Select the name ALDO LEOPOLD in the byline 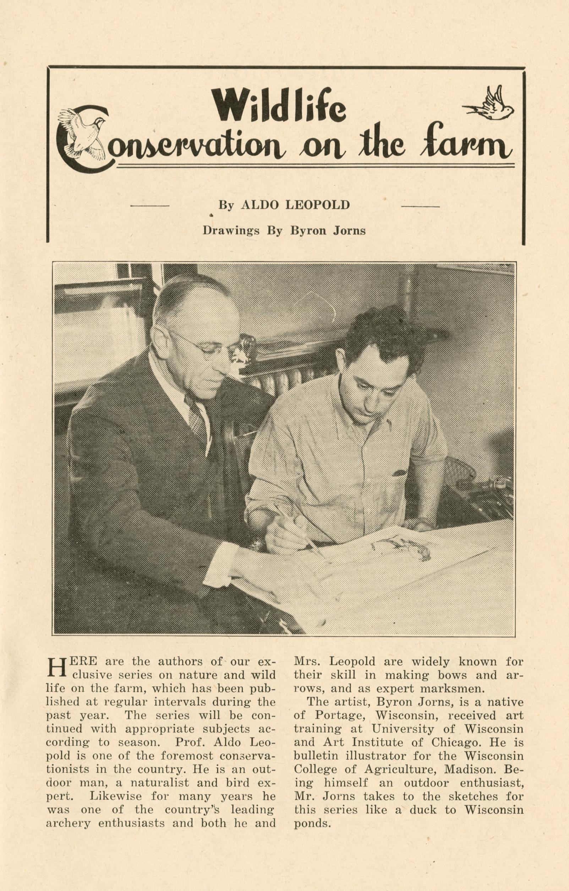(x=295, y=205)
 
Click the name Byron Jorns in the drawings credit (x=328, y=230)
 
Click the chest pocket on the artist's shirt (x=403, y=473)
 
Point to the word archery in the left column (x=62, y=800)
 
